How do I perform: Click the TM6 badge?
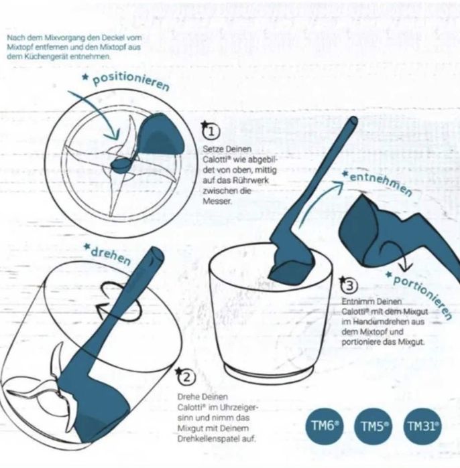point(325,426)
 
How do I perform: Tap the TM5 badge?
point(373,426)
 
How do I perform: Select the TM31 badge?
point(422,426)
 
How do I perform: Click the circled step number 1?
point(211,132)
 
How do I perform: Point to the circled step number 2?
point(186,377)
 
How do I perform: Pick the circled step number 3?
point(349,286)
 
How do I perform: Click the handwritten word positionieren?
point(131,81)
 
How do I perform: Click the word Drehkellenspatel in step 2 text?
point(217,439)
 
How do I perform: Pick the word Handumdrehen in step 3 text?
point(388,322)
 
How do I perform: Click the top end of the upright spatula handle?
point(353,121)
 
